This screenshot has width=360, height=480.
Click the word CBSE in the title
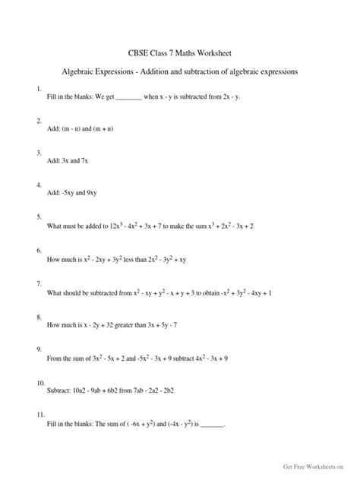[134, 53]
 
